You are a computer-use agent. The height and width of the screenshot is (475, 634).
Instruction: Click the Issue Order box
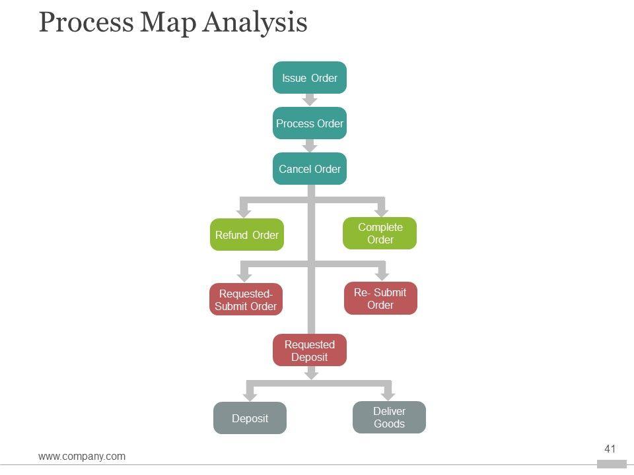[x=310, y=78]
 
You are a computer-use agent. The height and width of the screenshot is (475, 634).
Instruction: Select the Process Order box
[x=310, y=123]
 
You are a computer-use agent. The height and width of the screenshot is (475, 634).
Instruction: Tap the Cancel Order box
[x=310, y=169]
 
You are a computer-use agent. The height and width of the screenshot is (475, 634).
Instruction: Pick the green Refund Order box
[x=247, y=235]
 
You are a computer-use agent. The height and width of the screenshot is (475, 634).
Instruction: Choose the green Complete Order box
[x=380, y=233]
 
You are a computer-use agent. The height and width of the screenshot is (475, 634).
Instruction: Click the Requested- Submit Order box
[x=246, y=300]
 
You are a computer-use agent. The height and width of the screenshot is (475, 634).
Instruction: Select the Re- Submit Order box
[x=380, y=299]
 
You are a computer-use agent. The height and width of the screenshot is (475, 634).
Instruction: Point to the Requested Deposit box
[x=310, y=350]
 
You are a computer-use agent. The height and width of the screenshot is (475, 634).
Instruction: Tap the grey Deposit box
[x=250, y=418]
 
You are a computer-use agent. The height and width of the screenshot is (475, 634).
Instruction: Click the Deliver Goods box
[x=389, y=418]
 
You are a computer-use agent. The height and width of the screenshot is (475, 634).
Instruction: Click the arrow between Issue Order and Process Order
[x=310, y=100]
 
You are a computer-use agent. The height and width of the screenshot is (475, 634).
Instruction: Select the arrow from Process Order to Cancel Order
[x=310, y=146]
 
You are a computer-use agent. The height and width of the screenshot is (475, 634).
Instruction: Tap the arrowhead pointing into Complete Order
[x=381, y=210]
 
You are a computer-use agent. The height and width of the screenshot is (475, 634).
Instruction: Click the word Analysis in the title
[x=255, y=22]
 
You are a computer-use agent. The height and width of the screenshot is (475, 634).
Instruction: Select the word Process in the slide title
[x=85, y=22]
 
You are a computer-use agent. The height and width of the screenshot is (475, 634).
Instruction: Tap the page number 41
[x=610, y=449]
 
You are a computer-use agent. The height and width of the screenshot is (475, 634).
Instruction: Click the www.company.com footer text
[x=82, y=456]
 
